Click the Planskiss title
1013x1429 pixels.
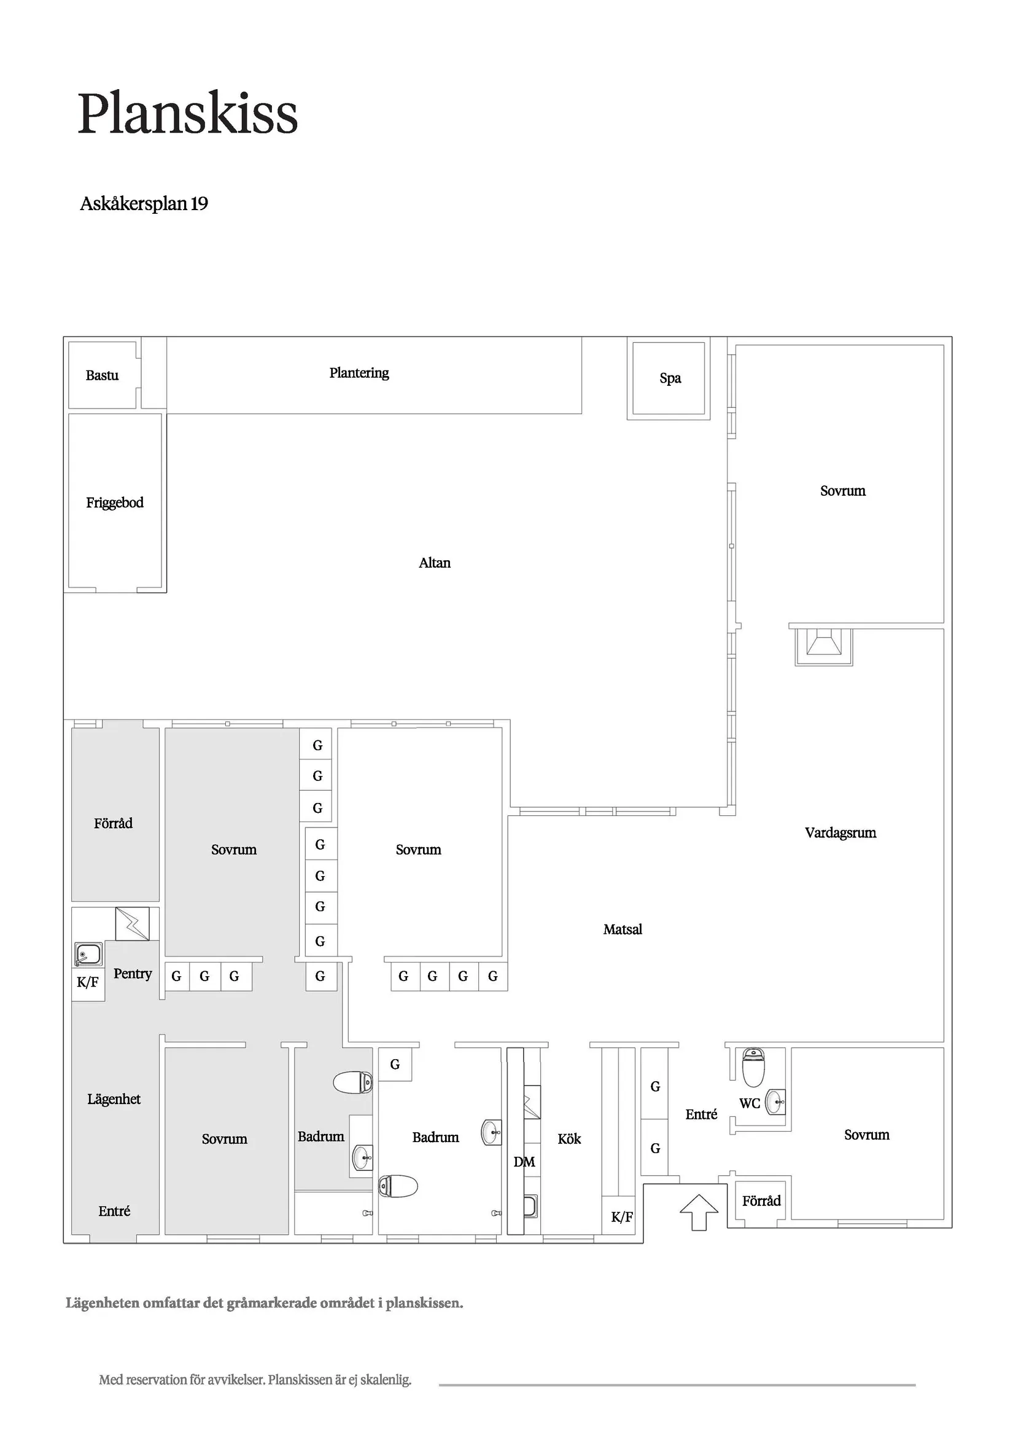coord(188,114)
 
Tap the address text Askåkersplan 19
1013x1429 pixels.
coord(144,204)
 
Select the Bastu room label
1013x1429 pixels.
coord(103,375)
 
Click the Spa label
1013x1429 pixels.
coord(670,378)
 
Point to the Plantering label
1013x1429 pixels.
coord(359,373)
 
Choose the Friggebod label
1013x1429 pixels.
coord(115,503)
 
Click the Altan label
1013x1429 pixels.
coord(435,563)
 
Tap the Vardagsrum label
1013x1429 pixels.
coord(841,833)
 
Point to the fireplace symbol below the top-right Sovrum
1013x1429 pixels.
coord(823,646)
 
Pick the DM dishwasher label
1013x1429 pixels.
coord(524,1162)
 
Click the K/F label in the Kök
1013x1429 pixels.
coord(622,1217)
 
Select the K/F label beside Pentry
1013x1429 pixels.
coord(87,983)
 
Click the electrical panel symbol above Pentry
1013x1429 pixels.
coord(132,923)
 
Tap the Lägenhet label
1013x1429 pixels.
coord(114,1100)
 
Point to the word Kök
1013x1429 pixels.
coord(570,1140)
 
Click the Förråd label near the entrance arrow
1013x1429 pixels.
coord(762,1201)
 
